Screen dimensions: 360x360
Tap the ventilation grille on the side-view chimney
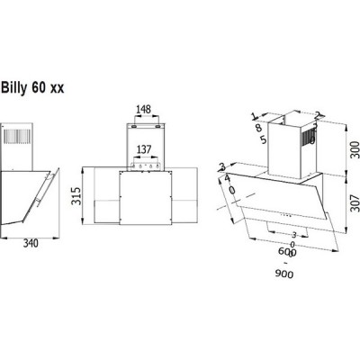coord(19,140)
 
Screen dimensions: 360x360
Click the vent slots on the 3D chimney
coord(310,139)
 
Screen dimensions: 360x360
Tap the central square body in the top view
coord(147,200)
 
